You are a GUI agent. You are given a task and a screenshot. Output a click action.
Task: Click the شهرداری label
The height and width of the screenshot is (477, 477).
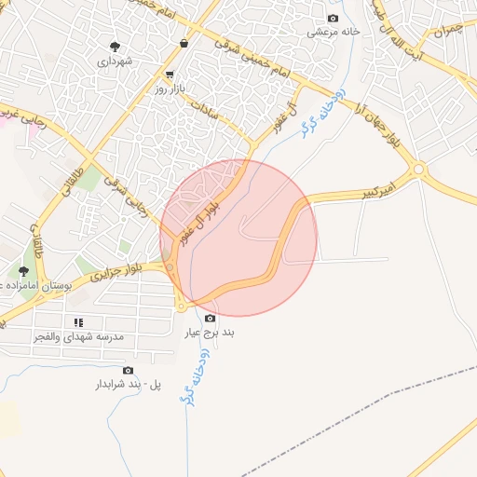point(116,61)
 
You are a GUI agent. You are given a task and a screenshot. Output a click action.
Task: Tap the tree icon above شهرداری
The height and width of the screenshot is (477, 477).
point(116,46)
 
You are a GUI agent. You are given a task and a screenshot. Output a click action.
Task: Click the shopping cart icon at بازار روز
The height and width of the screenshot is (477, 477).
point(169,75)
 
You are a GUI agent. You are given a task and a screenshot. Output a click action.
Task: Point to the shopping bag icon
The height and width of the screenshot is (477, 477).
point(184,43)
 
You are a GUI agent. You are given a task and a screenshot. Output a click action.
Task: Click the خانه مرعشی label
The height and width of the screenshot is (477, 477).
point(334,32)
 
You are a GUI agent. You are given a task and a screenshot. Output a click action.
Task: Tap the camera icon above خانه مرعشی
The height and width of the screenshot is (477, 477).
point(334,19)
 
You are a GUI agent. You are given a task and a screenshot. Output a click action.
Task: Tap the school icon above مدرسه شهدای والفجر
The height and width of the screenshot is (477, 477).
point(78,321)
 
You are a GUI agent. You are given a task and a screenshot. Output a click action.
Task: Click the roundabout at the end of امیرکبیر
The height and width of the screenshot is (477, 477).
point(418,170)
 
